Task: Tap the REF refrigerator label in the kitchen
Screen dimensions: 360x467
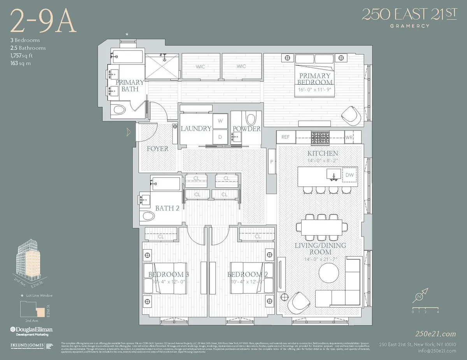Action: (x=286, y=137)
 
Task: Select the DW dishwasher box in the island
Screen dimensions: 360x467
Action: (x=349, y=175)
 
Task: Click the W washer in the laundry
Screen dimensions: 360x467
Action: (x=220, y=121)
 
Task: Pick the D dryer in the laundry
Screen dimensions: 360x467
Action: (x=220, y=137)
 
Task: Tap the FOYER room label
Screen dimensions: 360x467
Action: (x=158, y=149)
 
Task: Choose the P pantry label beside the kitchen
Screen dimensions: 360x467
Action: (x=271, y=161)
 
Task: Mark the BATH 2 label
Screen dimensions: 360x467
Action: (x=167, y=208)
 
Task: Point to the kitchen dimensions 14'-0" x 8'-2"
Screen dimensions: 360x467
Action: (x=322, y=160)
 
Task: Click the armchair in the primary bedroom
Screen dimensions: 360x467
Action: (x=351, y=115)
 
